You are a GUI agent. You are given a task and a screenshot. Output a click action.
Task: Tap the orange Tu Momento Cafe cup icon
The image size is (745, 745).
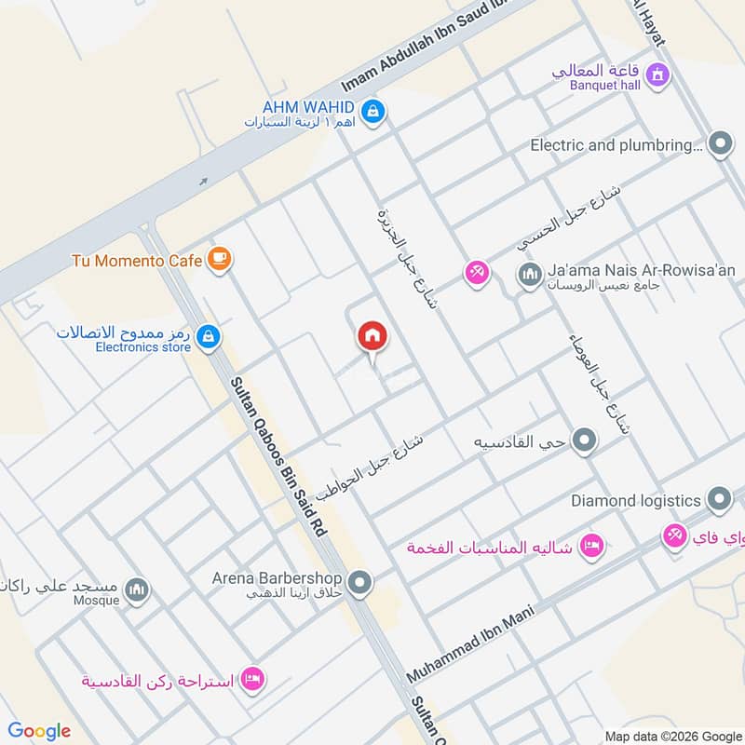coord(219,260)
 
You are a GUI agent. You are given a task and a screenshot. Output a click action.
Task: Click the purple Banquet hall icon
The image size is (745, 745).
coord(657,74)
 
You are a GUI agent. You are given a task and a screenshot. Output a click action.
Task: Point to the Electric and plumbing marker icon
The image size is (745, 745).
coord(719,144)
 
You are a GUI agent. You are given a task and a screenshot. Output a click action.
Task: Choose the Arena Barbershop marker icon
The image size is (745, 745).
coord(362,584)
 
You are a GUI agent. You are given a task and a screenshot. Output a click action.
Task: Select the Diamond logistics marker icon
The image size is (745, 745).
coord(718,500)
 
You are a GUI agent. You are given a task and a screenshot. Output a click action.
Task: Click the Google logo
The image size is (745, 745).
coord(39,731)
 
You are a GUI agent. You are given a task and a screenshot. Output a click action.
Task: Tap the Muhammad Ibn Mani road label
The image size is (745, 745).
coord(470,644)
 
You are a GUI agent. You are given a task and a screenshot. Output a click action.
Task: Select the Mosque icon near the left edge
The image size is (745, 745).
coord(137,591)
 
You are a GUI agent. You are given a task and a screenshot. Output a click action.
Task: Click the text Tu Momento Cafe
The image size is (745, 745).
coord(137,260)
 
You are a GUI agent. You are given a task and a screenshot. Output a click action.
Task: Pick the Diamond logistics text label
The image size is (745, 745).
coord(635,500)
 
